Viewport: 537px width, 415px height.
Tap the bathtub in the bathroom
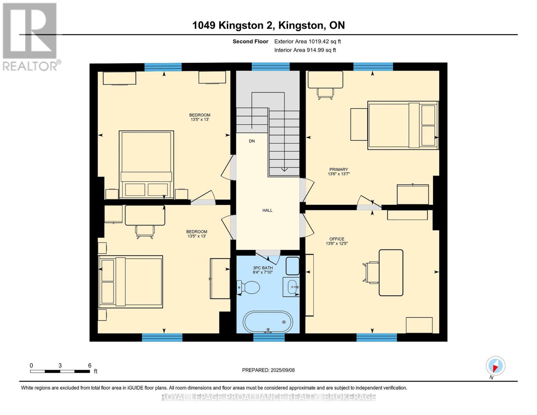click(x=268, y=322)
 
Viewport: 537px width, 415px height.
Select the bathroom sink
click(x=291, y=287)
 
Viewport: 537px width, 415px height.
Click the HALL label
click(x=267, y=210)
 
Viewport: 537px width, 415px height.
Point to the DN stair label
click(x=252, y=141)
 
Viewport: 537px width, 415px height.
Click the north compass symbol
click(x=496, y=366)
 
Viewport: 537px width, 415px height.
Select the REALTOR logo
click(x=30, y=36)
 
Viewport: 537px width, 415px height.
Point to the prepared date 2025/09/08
click(x=268, y=370)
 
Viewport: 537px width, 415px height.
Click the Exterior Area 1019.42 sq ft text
click(x=307, y=41)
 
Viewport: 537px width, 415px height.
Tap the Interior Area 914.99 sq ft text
click(x=305, y=50)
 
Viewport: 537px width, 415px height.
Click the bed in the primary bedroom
click(x=403, y=125)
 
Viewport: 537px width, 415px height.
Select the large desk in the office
click(x=391, y=273)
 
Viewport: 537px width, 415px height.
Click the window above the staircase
click(x=270, y=67)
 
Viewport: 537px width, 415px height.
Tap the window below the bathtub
click(x=269, y=337)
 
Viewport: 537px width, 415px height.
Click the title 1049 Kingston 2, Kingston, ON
click(x=268, y=25)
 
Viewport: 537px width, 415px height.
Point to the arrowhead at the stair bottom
click(x=284, y=169)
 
